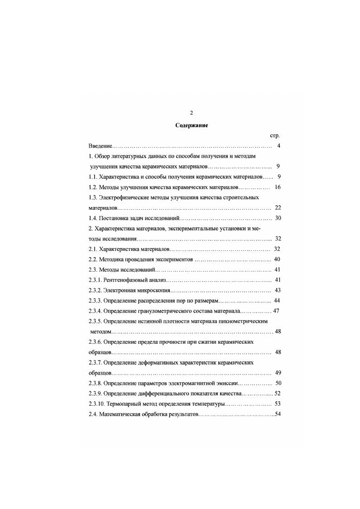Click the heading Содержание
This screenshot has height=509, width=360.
(192, 125)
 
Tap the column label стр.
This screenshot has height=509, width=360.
(274, 135)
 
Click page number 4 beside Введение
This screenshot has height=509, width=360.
(279, 146)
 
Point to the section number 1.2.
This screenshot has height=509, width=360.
(93, 187)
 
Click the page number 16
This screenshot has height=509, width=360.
(278, 187)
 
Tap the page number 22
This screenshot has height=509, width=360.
(278, 207)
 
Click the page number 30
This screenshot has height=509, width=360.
(278, 218)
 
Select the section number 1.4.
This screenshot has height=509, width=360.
(93, 218)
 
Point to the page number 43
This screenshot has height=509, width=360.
(278, 290)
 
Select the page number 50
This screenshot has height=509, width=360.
(278, 383)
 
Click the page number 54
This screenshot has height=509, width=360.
(278, 414)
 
